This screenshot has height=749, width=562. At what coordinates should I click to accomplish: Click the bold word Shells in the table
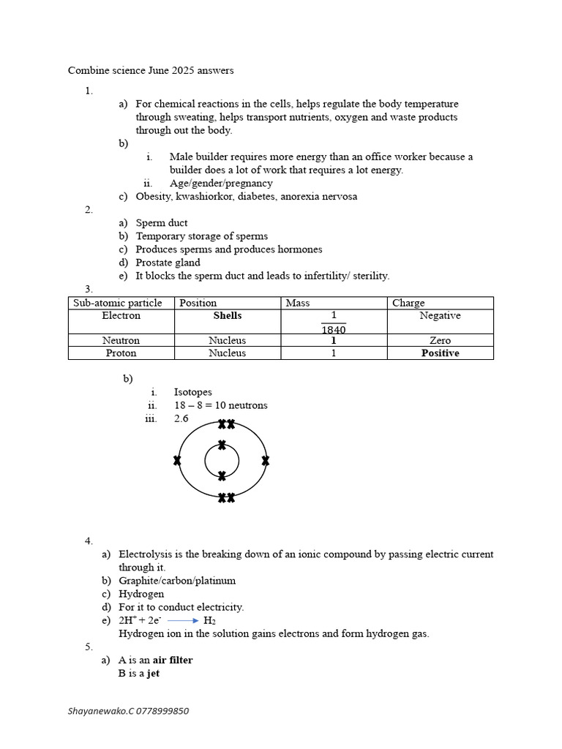tap(227, 316)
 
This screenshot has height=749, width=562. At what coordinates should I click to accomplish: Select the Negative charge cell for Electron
tap(440, 316)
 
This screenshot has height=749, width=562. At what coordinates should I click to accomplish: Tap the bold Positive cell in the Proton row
tap(440, 353)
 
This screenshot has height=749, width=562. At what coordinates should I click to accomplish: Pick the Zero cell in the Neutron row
tap(441, 341)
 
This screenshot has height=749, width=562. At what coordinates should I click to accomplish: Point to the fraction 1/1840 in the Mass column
tap(333, 323)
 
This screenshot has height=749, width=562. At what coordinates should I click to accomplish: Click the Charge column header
tap(408, 303)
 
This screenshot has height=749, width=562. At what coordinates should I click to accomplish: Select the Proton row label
tap(121, 353)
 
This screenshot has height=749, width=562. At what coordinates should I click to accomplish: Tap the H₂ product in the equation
tap(209, 621)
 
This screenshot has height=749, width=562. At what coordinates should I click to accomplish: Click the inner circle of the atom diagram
tap(222, 461)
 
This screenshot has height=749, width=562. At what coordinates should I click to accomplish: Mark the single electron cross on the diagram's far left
tap(177, 461)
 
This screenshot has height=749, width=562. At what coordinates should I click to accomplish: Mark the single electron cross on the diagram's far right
tap(266, 461)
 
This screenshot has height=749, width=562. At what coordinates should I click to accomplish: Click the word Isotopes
tap(192, 392)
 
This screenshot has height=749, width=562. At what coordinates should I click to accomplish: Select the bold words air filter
tap(172, 660)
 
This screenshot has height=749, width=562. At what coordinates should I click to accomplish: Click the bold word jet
tap(153, 673)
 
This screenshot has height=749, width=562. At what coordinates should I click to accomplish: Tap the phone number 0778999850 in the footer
tap(160, 711)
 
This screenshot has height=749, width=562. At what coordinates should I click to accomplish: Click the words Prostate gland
tap(168, 263)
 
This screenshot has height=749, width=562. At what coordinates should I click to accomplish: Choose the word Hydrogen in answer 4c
tap(141, 594)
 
